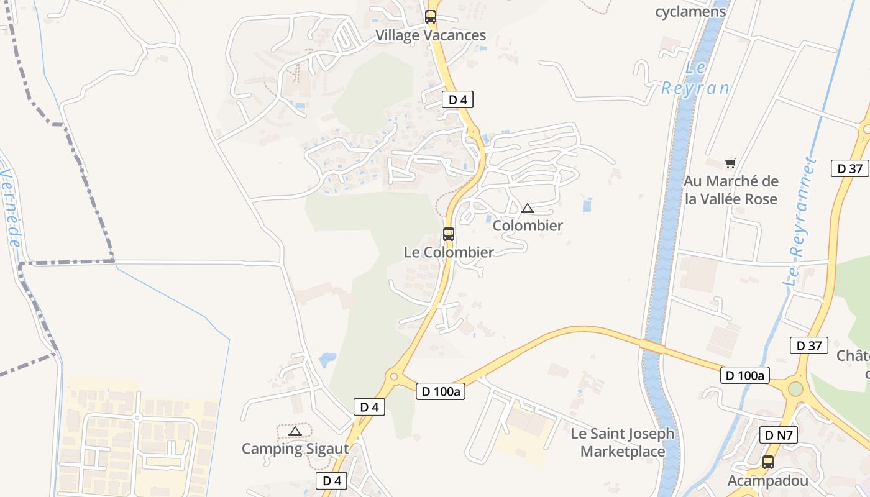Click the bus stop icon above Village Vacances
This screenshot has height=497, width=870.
pyautogui.click(x=431, y=17)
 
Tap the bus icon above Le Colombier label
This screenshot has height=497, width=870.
pyautogui.click(x=448, y=234)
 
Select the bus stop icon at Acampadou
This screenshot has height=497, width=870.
pyautogui.click(x=768, y=462)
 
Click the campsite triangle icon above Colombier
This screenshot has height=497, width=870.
pyautogui.click(x=528, y=208)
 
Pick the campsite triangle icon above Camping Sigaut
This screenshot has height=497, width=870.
pyautogui.click(x=295, y=431)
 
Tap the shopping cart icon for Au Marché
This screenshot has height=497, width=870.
pyautogui.click(x=731, y=163)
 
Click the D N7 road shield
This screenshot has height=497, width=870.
pyautogui.click(x=779, y=435)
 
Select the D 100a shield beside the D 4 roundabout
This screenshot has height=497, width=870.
pyautogui.click(x=441, y=391)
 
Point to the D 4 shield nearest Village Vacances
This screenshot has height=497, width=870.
pyautogui.click(x=457, y=99)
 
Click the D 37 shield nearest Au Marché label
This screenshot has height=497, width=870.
pyautogui.click(x=849, y=168)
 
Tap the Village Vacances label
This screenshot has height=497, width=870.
pyautogui.click(x=430, y=35)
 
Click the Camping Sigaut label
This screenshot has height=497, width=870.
pyautogui.click(x=295, y=449)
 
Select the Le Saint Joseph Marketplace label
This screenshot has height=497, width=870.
pyautogui.click(x=623, y=442)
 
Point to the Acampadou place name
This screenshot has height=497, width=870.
pyautogui.click(x=768, y=480)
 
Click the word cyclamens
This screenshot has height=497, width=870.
pyautogui.click(x=690, y=11)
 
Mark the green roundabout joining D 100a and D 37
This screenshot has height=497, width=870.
pyautogui.click(x=795, y=390)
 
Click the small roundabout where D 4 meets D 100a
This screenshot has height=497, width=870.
pyautogui.click(x=393, y=376)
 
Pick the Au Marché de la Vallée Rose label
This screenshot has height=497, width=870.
pyautogui.click(x=731, y=190)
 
